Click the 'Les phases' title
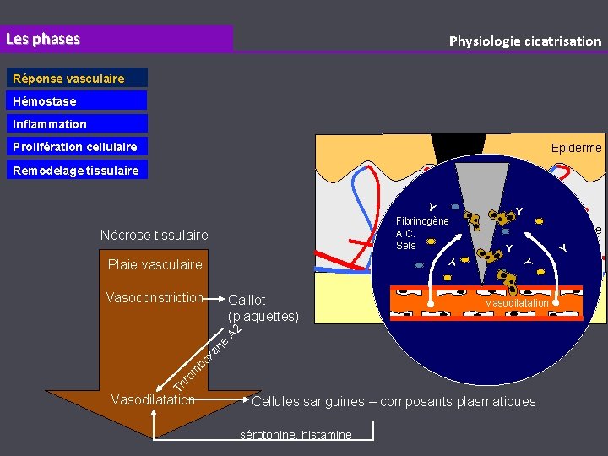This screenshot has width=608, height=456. click(43, 39)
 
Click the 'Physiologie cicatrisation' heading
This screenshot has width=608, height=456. click(524, 41)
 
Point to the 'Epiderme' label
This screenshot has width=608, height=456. click(576, 148)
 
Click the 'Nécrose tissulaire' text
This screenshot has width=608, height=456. click(154, 234)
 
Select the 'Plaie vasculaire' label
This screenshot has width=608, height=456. click(155, 264)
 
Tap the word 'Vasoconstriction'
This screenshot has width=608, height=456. click(155, 297)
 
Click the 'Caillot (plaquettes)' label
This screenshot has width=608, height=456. click(263, 308)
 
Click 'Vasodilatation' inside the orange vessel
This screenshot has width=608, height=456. click(516, 302)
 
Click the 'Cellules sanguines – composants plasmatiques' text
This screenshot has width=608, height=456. click(394, 401)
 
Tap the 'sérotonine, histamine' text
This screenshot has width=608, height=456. click(296, 435)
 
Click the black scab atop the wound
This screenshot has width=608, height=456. click(450, 146)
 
